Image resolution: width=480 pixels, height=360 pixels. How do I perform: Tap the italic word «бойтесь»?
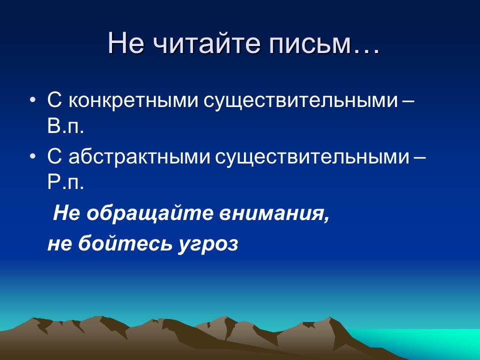click(x=120, y=244)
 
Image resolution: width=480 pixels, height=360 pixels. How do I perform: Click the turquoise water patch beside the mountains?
click(x=440, y=342)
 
